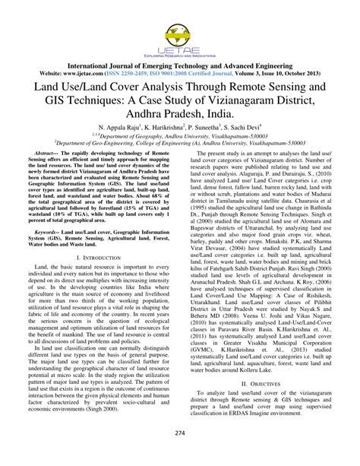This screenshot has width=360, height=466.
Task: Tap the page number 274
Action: point(180,455)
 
